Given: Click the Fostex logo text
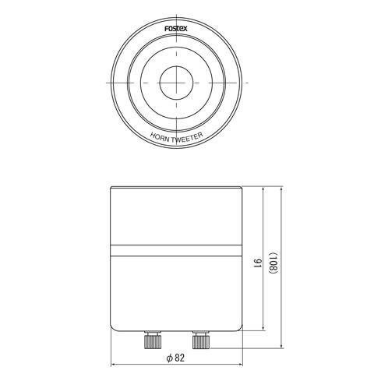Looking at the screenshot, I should (x=176, y=28).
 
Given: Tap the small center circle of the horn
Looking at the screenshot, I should (x=176, y=82).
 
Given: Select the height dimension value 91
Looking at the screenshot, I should (x=257, y=263).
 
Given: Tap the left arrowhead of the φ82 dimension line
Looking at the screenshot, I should (x=113, y=364).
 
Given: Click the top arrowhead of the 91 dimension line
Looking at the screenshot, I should (x=265, y=190).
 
